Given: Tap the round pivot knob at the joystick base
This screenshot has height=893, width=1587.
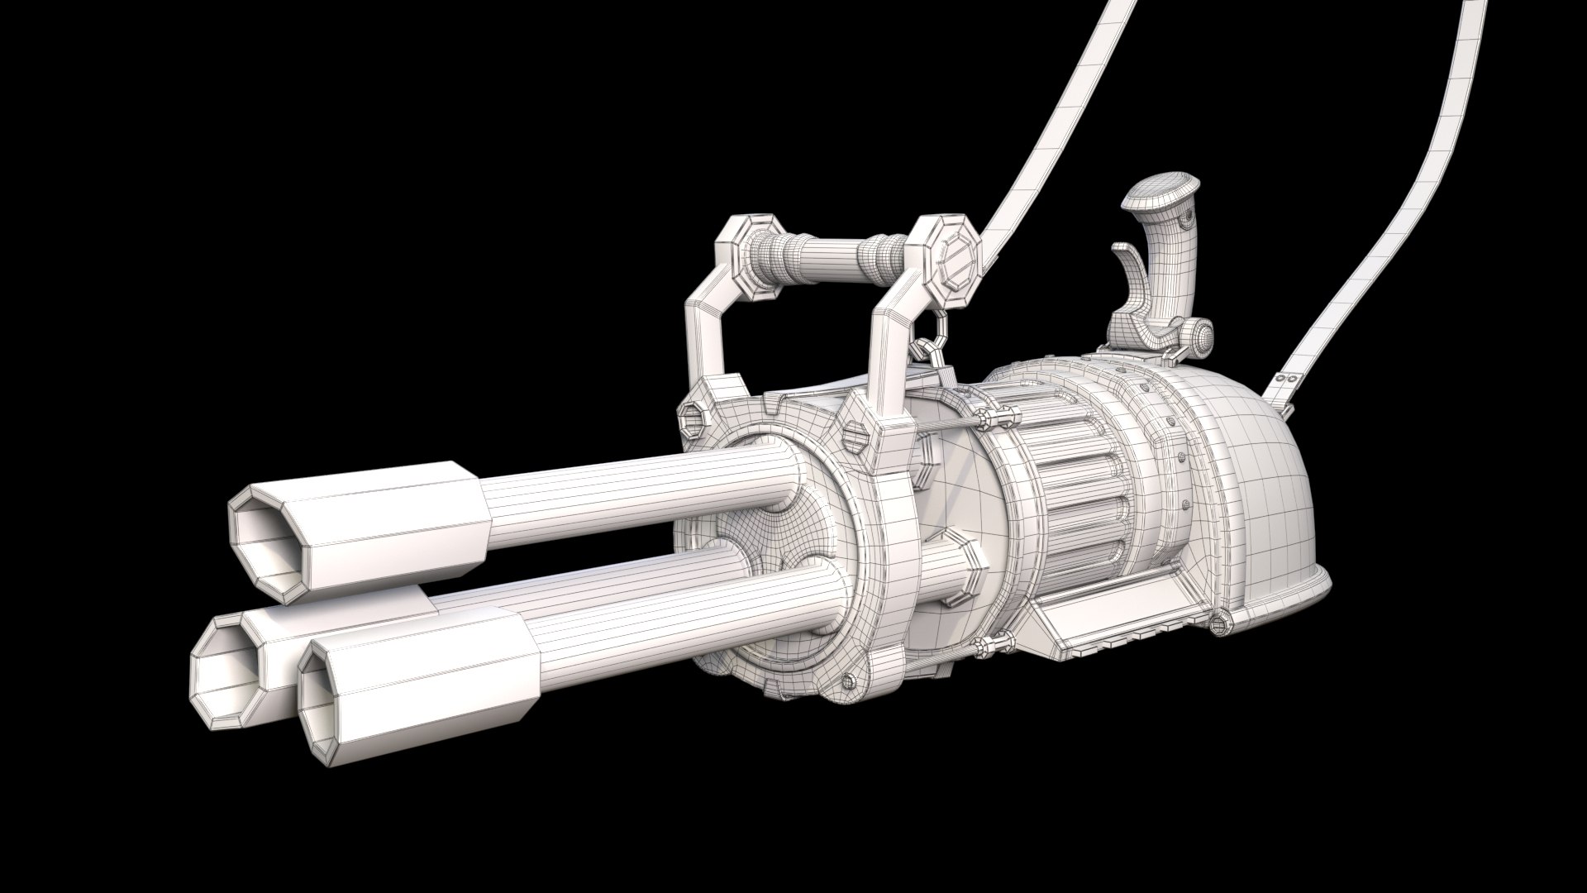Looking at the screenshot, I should [x=1199, y=333].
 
